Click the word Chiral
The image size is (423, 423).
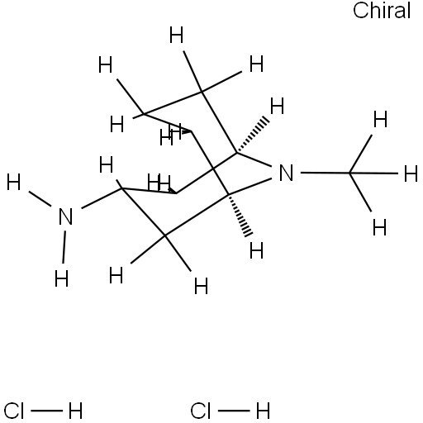click(x=382, y=11)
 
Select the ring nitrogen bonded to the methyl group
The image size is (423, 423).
click(x=286, y=173)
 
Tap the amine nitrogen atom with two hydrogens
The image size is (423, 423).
click(x=66, y=216)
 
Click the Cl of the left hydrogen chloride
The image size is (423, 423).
click(x=14, y=411)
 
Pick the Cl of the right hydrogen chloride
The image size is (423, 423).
click(x=200, y=411)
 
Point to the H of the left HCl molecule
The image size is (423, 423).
click(x=75, y=411)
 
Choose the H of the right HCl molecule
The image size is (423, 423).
click(x=263, y=411)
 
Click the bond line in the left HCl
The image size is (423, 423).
click(x=46, y=411)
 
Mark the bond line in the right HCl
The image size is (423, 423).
click(x=234, y=411)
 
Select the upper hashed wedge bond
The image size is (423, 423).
click(x=252, y=135)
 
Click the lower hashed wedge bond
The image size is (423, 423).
click(x=240, y=215)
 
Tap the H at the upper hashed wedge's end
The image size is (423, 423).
click(x=277, y=106)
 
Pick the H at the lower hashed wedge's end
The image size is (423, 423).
click(x=256, y=250)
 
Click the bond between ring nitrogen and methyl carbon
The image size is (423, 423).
click(x=325, y=173)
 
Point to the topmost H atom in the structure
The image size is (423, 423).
click(x=176, y=35)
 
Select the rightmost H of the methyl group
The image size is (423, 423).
click(x=411, y=173)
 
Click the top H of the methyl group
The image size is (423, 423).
click(x=380, y=119)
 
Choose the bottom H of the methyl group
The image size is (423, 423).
click(x=380, y=227)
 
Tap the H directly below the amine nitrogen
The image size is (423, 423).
click(x=61, y=278)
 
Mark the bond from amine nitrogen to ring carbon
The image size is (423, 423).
click(x=102, y=198)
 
